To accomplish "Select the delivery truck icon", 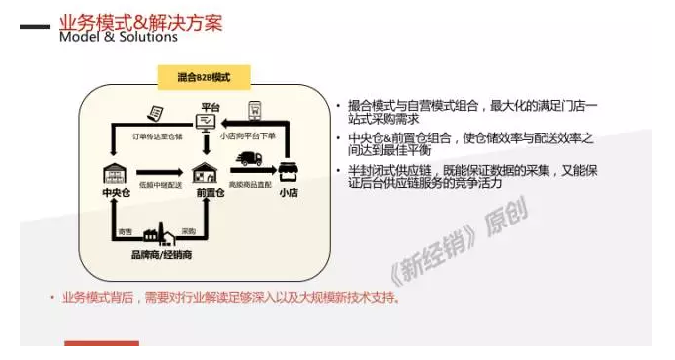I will [249, 162].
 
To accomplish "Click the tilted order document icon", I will [155, 111].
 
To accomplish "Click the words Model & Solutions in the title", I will [118, 37].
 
